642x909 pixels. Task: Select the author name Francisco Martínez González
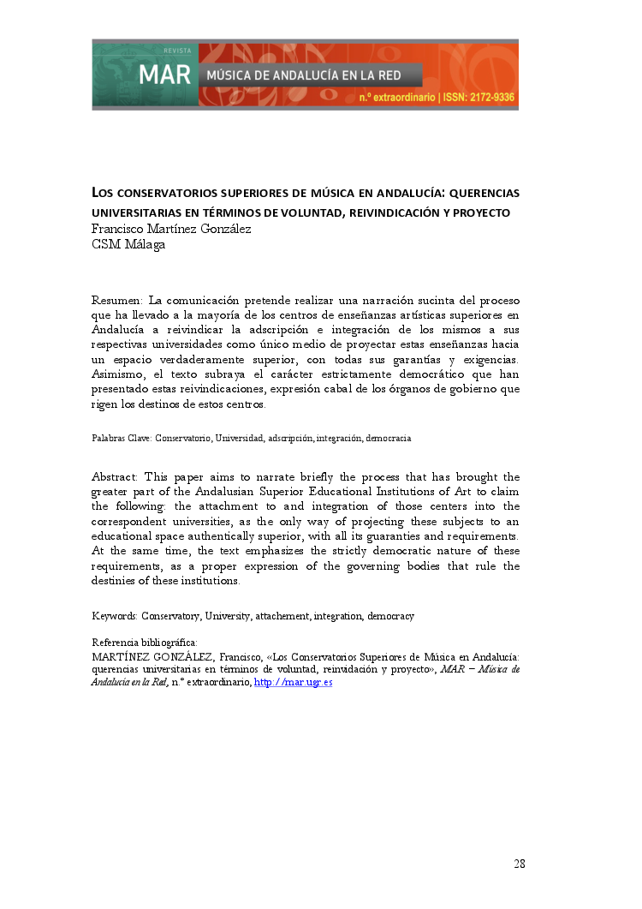(x=171, y=229)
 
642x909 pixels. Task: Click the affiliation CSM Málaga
(x=128, y=244)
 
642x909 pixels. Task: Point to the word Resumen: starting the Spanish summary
(x=117, y=301)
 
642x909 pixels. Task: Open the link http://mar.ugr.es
(x=294, y=682)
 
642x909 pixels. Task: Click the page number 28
(x=520, y=864)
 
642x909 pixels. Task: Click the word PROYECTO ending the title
(x=483, y=212)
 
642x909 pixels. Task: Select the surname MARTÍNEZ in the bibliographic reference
(x=120, y=656)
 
